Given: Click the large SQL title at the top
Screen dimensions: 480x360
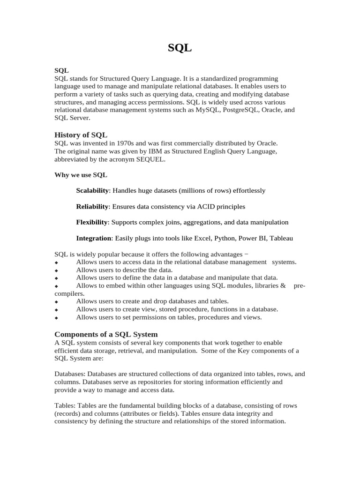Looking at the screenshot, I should [180, 48].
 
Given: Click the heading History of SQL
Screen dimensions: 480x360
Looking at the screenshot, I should [81, 135].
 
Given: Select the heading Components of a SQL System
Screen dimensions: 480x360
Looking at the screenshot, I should [106, 334].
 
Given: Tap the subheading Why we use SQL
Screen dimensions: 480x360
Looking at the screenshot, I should [81, 175].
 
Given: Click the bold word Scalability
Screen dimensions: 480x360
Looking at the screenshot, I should [93, 191].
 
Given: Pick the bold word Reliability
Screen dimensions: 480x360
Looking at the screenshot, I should [92, 207].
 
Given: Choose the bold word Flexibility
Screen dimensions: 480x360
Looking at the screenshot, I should [92, 222].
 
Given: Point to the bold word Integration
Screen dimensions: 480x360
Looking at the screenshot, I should [94, 238].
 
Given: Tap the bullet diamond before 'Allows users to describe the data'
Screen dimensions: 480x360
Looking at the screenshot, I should [56, 270].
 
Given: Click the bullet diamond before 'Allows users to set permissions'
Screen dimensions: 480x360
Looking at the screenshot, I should [56, 318].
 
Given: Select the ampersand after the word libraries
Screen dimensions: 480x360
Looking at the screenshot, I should [283, 285].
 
